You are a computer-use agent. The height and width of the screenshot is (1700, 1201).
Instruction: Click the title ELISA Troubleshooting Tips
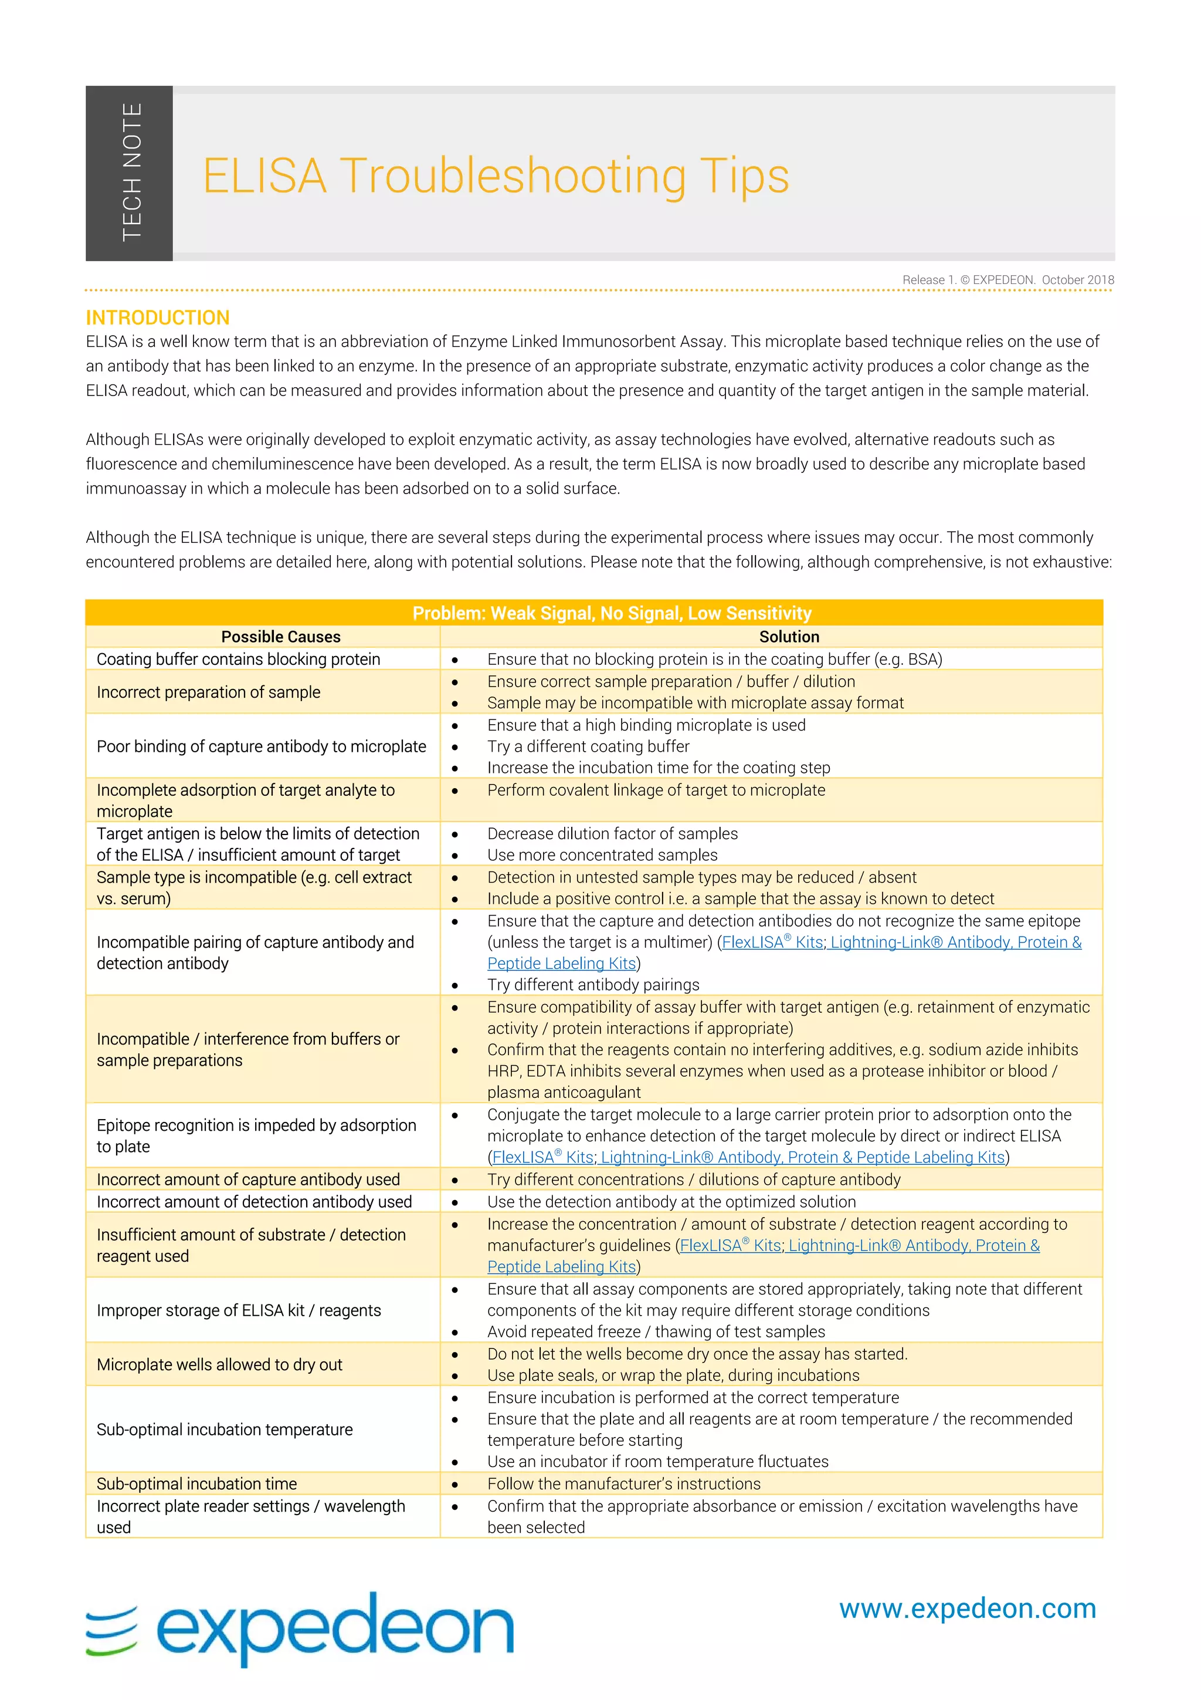point(495,176)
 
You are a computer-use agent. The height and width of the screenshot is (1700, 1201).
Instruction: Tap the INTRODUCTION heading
point(158,317)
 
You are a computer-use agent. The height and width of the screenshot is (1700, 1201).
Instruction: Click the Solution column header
point(789,637)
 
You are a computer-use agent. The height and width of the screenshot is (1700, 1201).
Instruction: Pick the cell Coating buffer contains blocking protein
point(238,659)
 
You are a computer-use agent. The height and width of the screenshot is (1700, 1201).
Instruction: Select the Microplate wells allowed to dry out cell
point(219,1364)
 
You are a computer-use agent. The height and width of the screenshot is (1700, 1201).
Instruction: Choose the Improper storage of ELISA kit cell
point(238,1310)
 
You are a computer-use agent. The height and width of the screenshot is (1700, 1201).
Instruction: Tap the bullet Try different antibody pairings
point(593,984)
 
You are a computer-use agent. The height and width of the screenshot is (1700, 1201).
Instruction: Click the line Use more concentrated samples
point(602,854)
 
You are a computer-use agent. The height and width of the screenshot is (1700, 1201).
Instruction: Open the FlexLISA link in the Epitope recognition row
point(543,1157)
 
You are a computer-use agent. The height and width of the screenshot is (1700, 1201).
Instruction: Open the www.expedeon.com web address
point(967,1609)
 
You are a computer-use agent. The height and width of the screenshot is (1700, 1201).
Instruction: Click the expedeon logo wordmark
point(334,1629)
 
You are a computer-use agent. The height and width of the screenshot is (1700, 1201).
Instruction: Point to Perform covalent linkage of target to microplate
point(656,790)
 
